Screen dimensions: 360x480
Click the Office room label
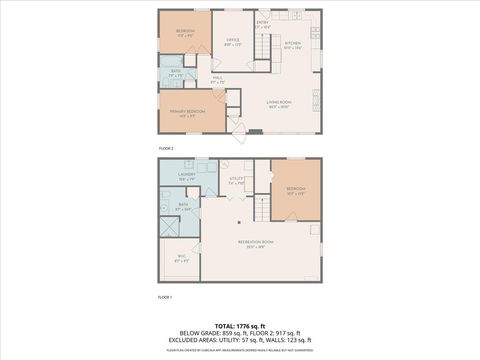(x=230, y=41)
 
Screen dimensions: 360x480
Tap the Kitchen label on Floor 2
(x=292, y=44)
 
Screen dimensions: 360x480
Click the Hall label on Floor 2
(x=218, y=79)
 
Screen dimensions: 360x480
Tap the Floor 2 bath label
(x=175, y=72)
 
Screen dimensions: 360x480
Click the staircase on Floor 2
(x=262, y=47)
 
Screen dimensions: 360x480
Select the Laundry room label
(x=187, y=176)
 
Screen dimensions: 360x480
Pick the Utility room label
(x=236, y=181)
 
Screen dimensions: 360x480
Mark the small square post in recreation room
(x=240, y=223)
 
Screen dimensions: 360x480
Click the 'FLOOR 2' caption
(x=165, y=149)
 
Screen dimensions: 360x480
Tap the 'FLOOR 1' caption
(x=165, y=297)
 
